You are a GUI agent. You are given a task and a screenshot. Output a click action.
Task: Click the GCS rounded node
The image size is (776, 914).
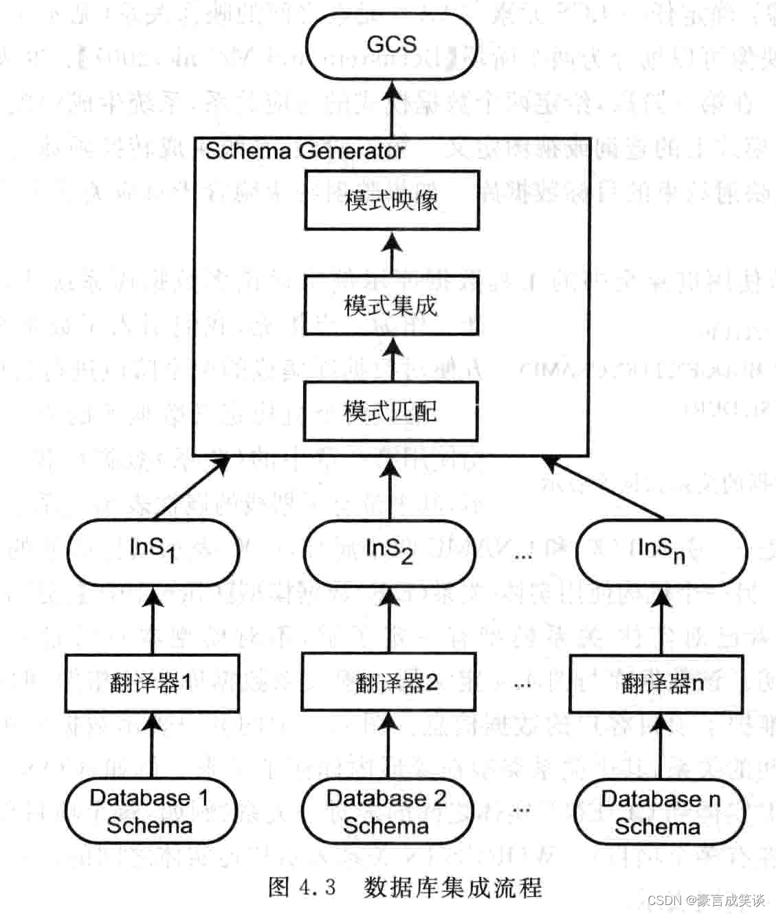click(x=391, y=45)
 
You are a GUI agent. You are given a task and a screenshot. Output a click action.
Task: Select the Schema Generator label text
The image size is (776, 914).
click(x=304, y=151)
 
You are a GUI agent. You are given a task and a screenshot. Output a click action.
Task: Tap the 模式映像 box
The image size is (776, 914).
click(x=391, y=202)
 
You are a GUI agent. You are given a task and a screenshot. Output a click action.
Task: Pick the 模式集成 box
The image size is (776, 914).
click(x=391, y=306)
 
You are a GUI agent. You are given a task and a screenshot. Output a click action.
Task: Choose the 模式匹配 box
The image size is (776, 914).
click(x=391, y=412)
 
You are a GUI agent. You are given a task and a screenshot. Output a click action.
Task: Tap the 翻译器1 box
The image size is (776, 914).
click(x=152, y=684)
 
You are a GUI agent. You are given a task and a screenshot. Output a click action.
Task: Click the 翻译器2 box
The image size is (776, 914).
click(x=389, y=684)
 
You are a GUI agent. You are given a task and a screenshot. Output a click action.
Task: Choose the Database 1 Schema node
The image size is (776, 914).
click(x=151, y=812)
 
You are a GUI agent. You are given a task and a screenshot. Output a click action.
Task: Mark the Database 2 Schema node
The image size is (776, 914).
click(x=387, y=812)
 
